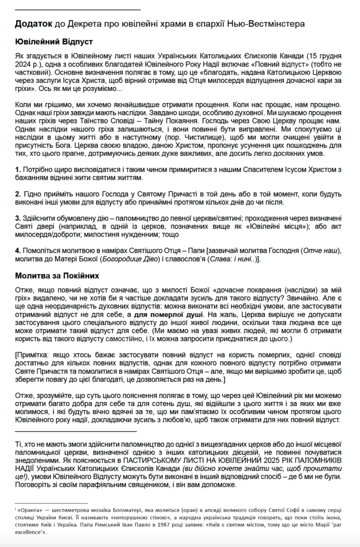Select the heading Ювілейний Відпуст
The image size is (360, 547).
54,41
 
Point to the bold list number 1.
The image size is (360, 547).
17,169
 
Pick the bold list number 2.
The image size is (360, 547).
17,194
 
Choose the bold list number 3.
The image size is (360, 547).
17,218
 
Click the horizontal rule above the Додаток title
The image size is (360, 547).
77,9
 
